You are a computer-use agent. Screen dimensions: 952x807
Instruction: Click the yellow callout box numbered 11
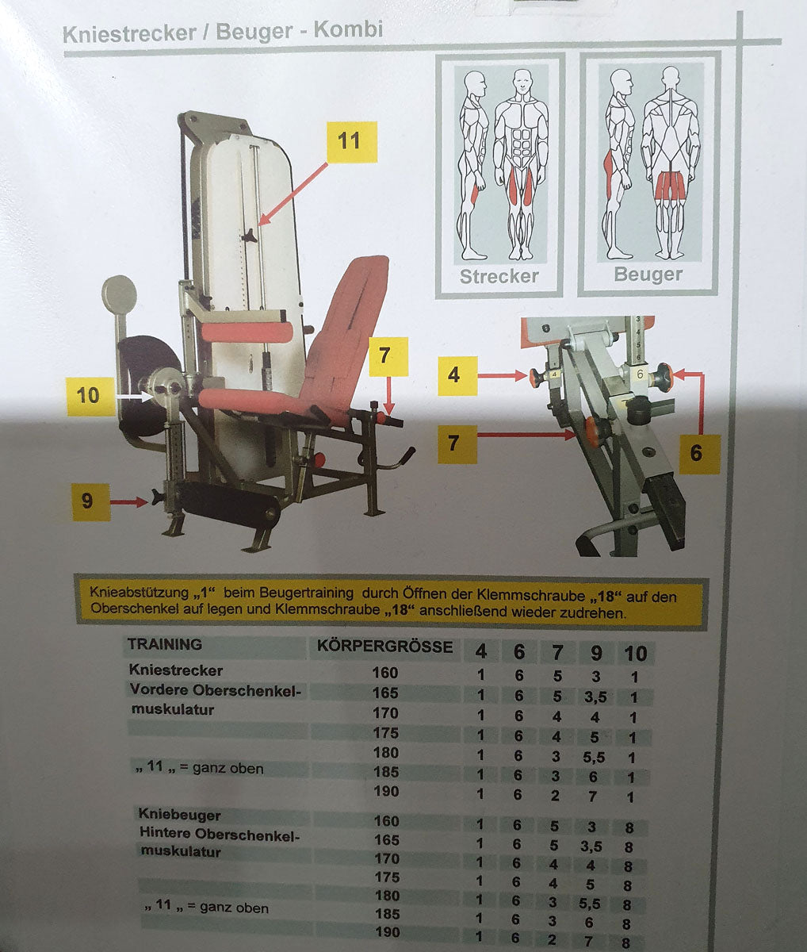350,141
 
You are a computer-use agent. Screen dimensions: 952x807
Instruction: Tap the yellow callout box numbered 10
88,395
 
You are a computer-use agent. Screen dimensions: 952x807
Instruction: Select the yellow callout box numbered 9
89,501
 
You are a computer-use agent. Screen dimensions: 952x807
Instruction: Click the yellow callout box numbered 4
454,374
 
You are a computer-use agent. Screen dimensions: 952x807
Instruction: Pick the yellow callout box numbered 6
696,452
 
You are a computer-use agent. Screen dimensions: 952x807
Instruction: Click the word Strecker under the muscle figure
499,276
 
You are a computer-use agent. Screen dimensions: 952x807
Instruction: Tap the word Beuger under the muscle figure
648,274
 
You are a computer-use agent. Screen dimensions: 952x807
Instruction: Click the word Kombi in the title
348,30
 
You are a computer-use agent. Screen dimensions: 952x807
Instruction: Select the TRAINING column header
165,644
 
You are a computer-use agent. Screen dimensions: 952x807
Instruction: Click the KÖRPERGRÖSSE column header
385,646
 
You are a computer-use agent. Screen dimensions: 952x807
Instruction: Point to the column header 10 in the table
635,653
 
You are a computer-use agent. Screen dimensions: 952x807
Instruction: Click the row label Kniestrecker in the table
176,671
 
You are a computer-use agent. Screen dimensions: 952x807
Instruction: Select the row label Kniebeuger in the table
180,815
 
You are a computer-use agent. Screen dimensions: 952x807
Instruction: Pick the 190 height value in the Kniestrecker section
385,792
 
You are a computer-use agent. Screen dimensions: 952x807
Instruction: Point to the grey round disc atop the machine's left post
119,296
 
